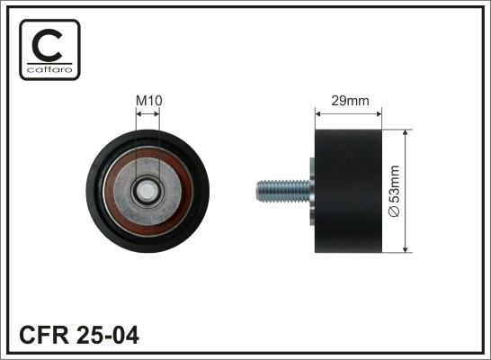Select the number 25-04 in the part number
pyautogui.click(x=111, y=336)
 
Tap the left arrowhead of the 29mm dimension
pyautogui.click(x=317, y=113)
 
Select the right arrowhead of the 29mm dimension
pyautogui.click(x=379, y=113)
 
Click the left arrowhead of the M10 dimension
pyautogui.click(x=138, y=112)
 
